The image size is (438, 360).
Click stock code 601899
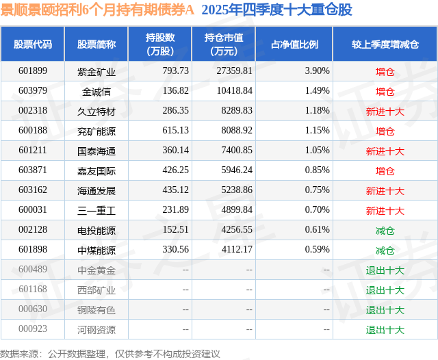tap(33, 71)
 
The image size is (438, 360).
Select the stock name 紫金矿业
tap(96, 71)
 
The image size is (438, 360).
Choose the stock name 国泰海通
tap(96, 151)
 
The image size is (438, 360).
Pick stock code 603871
tap(33, 170)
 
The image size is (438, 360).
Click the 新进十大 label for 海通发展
tap(385, 190)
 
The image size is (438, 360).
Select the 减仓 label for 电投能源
tap(385, 231)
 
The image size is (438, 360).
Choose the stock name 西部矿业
tap(96, 290)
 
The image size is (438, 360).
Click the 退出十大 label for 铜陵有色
tap(385, 310)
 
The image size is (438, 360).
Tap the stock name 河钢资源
tap(96, 330)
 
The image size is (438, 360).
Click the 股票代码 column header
tap(33, 44)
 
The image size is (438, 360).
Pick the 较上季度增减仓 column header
tap(385, 44)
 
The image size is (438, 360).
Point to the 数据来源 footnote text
tap(110, 353)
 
